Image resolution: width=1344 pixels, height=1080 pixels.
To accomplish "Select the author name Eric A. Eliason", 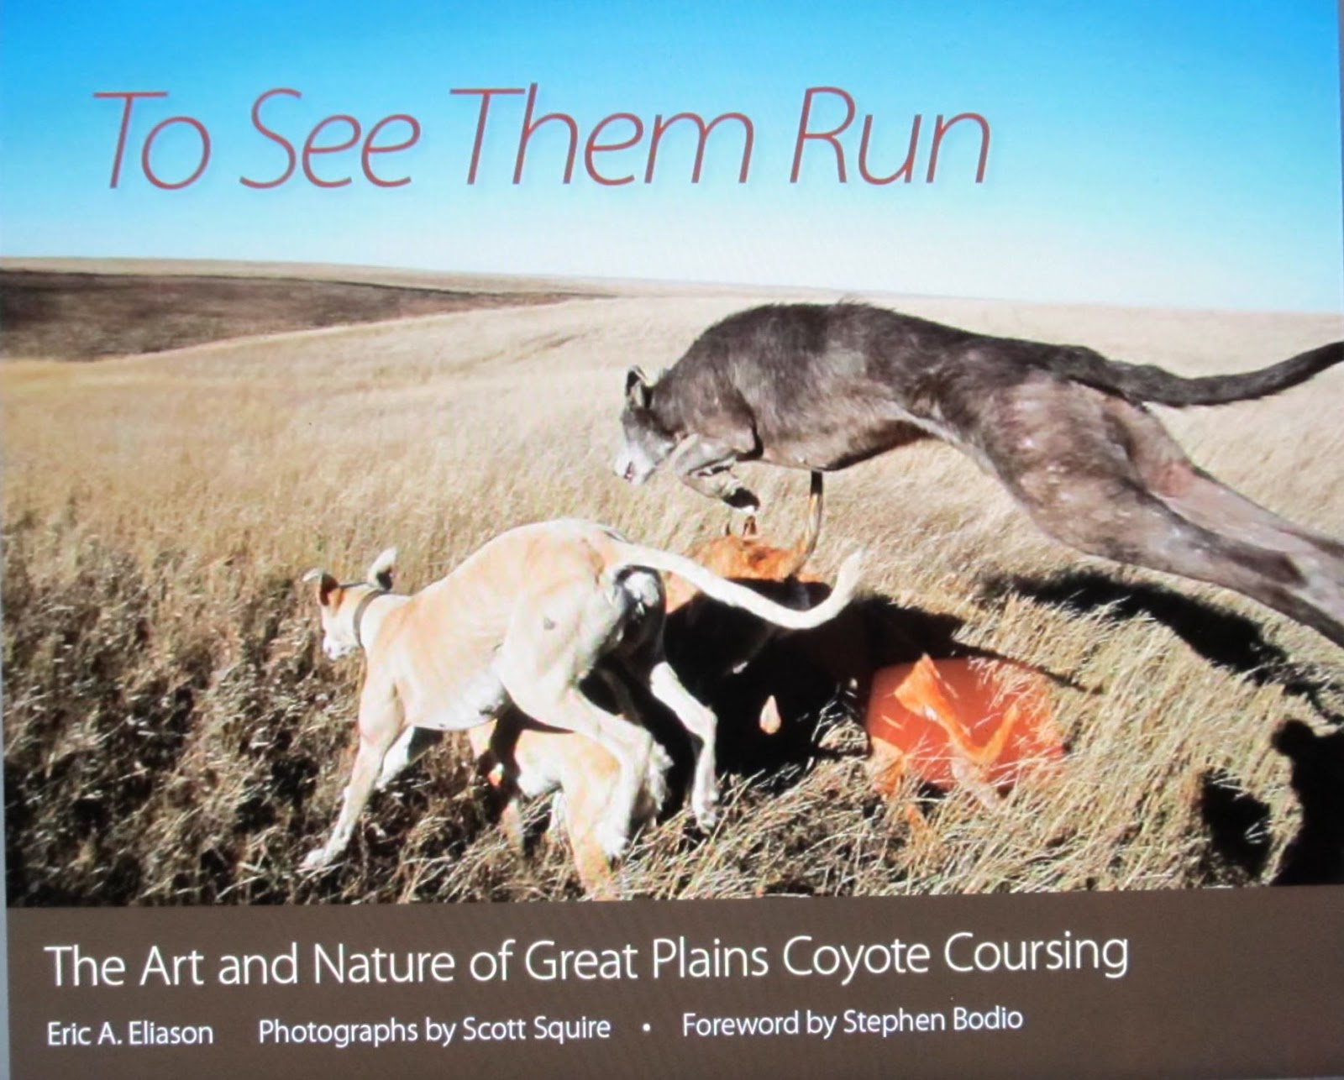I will (130, 1032).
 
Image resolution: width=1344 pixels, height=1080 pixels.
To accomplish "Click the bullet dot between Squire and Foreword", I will (646, 1026).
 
